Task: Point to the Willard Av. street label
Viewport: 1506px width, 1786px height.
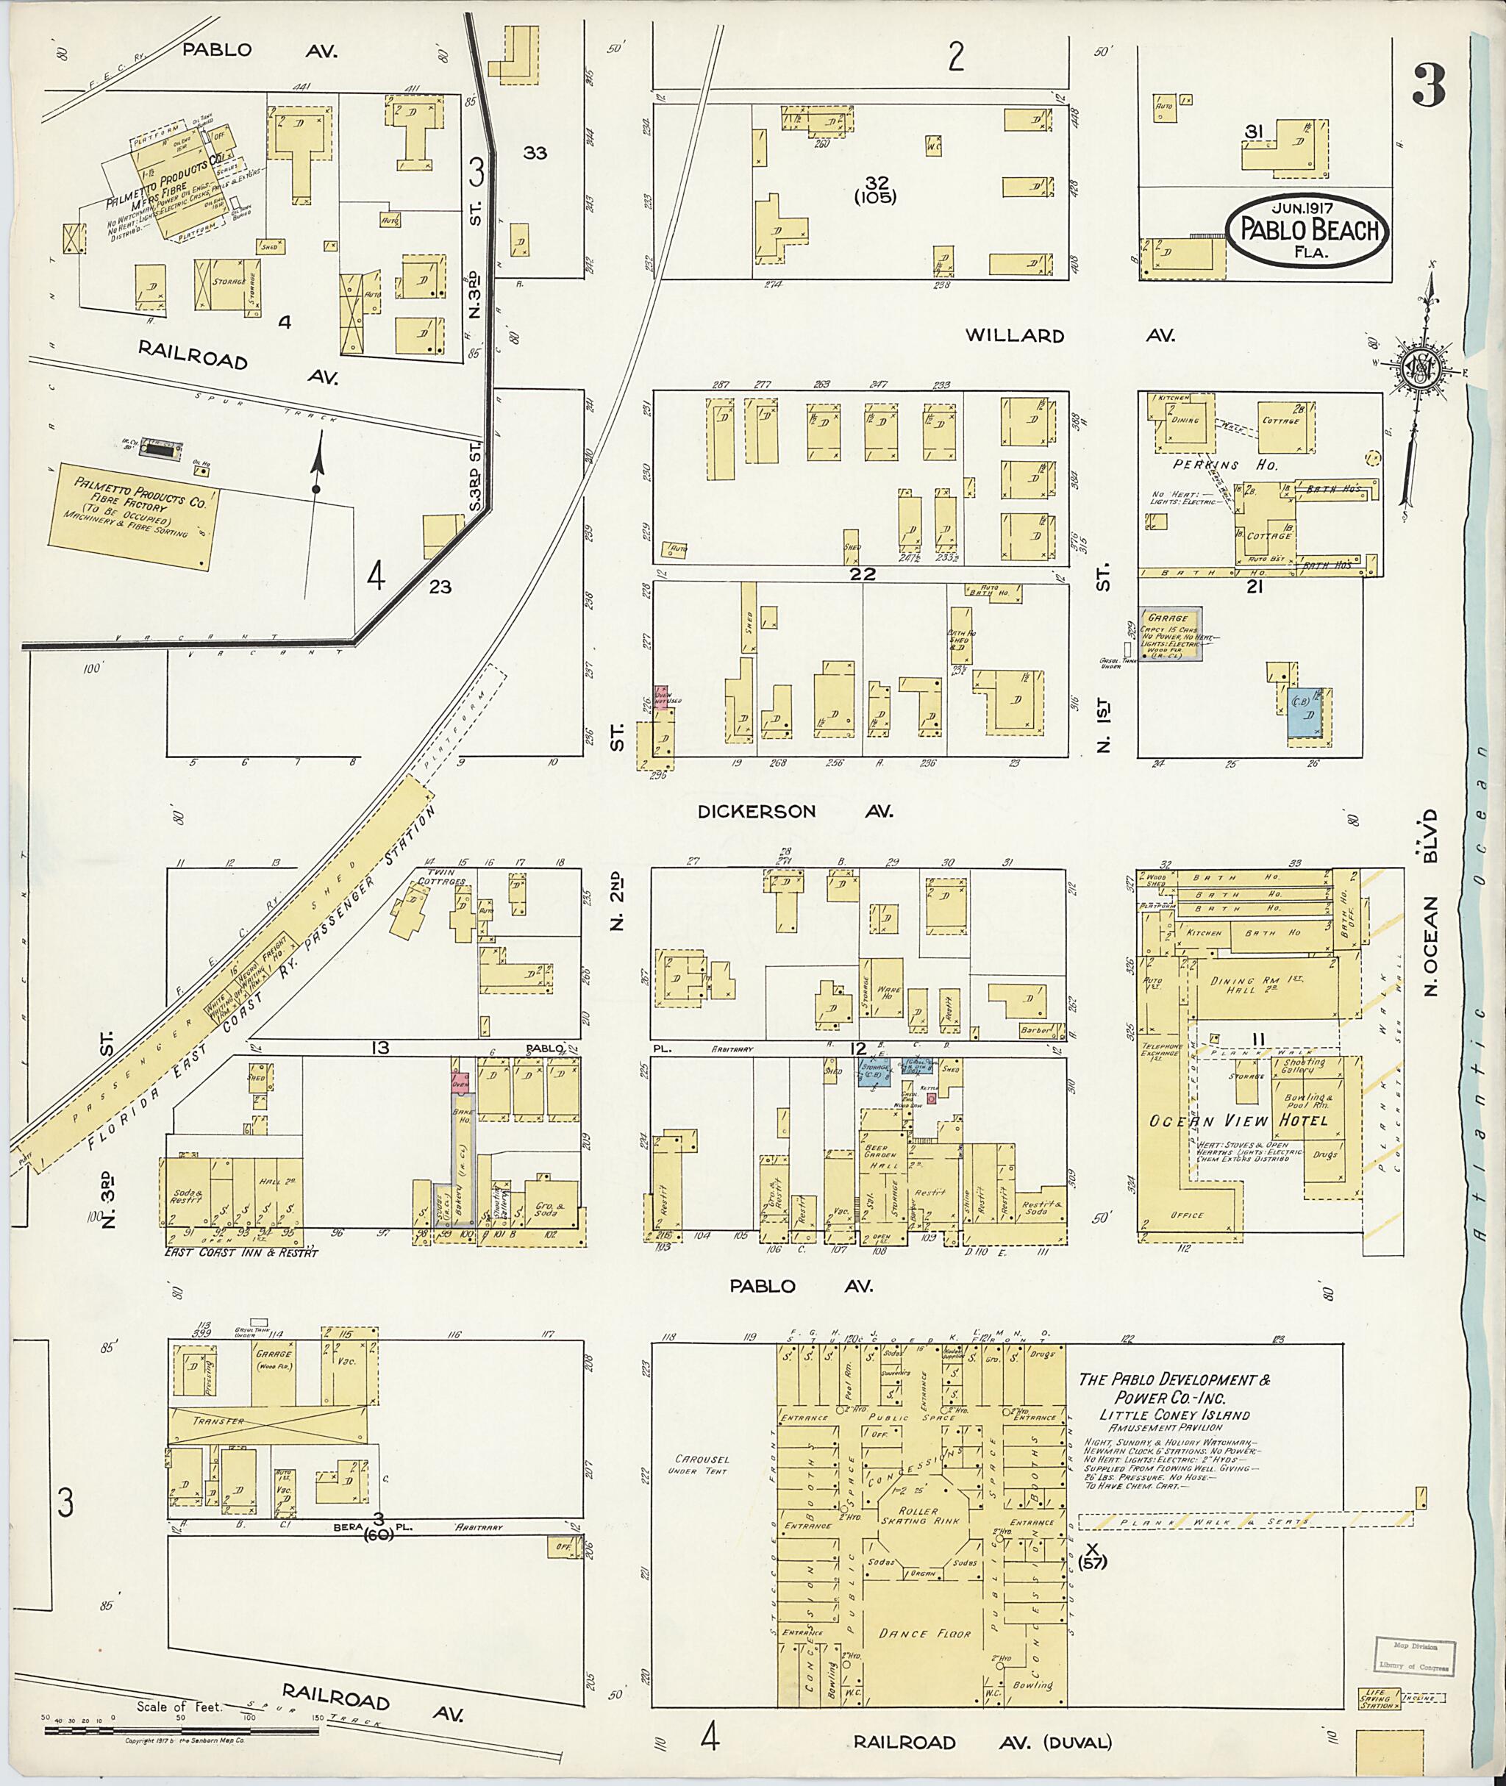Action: click(1069, 335)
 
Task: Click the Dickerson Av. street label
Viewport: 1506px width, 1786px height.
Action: click(795, 811)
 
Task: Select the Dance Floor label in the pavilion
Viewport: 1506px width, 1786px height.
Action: click(924, 1633)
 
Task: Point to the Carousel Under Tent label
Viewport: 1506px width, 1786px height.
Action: click(699, 1465)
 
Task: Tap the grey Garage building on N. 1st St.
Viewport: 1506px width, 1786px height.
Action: click(1173, 635)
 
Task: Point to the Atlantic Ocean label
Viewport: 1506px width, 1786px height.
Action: click(1490, 1024)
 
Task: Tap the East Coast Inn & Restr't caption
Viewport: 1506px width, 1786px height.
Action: click(242, 1253)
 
